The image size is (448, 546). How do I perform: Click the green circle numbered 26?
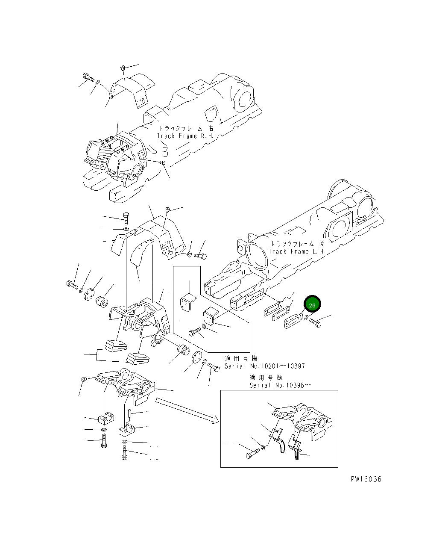coord(312,304)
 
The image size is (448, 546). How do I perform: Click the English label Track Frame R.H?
coord(184,136)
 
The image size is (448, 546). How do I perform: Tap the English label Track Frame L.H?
coord(297,251)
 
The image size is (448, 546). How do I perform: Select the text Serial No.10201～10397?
coord(265,366)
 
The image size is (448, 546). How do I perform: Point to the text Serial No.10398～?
coord(281,385)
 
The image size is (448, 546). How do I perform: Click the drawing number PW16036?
coord(366,479)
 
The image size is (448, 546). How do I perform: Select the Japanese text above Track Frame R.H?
coord(186,128)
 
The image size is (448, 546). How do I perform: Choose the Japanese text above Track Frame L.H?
coord(296,243)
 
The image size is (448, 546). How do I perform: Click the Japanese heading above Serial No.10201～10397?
coord(242,358)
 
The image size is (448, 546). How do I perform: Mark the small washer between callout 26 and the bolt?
coord(307,318)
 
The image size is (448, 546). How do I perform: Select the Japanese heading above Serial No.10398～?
coord(266,378)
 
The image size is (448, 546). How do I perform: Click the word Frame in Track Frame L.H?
coord(299,251)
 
